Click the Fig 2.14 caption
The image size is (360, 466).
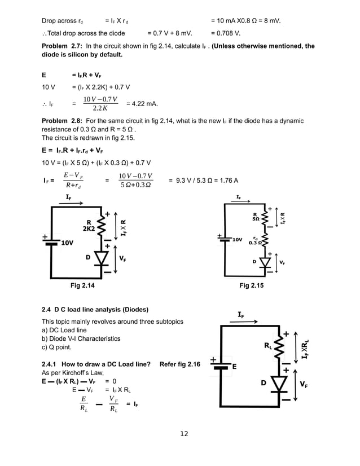pyautogui.click(x=82, y=287)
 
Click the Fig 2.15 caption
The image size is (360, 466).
pyautogui.click(x=252, y=287)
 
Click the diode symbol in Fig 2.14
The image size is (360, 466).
pyautogui.click(x=102, y=258)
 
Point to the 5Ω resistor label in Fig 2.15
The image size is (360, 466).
pyautogui.click(x=256, y=217)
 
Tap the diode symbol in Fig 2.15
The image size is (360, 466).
pyautogui.click(x=265, y=262)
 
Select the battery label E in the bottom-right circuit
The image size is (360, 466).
pyautogui.click(x=234, y=366)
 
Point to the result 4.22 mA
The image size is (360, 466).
pyautogui.click(x=142, y=104)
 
